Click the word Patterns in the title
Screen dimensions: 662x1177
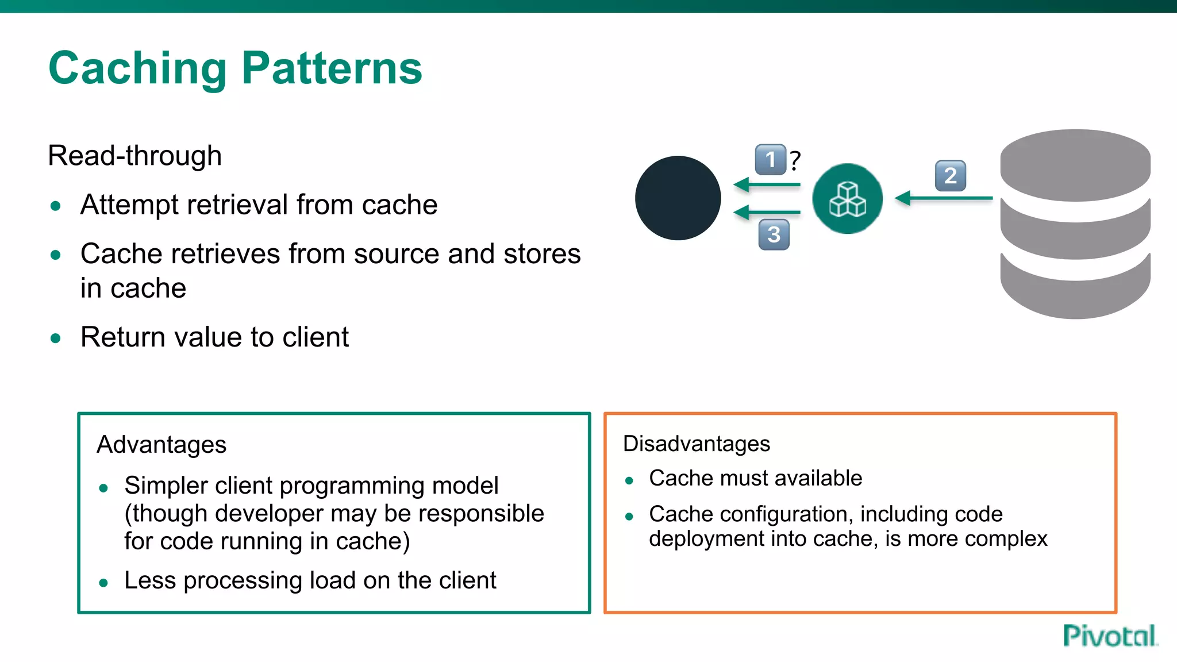coord(332,68)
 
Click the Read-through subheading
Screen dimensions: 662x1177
coord(134,156)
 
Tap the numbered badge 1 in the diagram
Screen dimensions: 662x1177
coord(770,159)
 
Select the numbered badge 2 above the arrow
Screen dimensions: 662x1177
coord(951,176)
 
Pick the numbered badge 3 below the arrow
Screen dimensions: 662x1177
coord(774,234)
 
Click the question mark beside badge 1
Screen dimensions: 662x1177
coord(795,160)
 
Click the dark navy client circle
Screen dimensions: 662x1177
coord(678,198)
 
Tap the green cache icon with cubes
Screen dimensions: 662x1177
coord(847,199)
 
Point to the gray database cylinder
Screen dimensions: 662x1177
coord(1075,224)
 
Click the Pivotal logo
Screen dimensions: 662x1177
coord(1109,636)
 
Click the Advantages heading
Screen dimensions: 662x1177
coord(161,445)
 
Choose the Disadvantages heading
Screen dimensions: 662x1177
coord(696,444)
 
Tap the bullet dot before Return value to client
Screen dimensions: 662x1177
coord(56,338)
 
